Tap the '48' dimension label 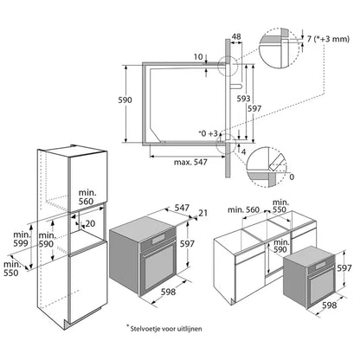point(236,38)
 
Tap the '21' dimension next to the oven point(202,213)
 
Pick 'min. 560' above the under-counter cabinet point(243,209)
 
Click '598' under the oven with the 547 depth point(169,292)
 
